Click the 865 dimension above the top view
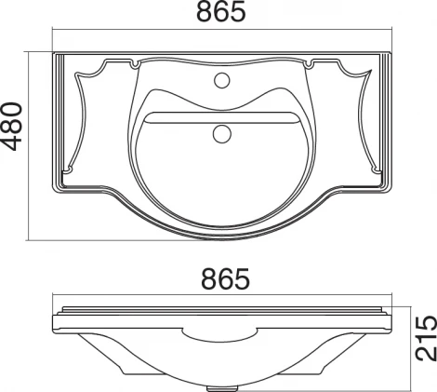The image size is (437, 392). coord(221,11)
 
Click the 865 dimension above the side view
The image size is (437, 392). coord(225,278)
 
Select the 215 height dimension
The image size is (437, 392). coord(426,338)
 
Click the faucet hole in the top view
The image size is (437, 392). coord(222,80)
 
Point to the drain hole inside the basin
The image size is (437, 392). coord(222,134)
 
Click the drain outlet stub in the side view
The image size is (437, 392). coord(222,388)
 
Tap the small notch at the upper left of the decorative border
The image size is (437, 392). coord(135,64)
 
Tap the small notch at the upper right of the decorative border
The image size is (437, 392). coord(310,64)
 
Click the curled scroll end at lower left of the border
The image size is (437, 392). coord(67,169)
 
